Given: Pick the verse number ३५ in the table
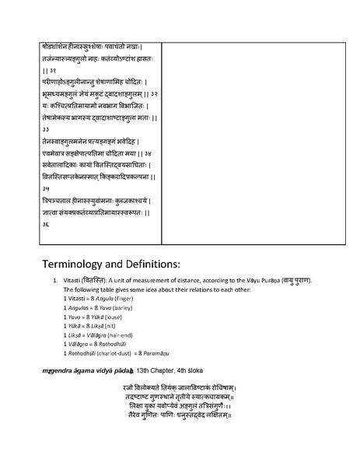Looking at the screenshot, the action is pyautogui.click(x=46, y=189).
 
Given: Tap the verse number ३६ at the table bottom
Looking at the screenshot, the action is pyautogui.click(x=46, y=225).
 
